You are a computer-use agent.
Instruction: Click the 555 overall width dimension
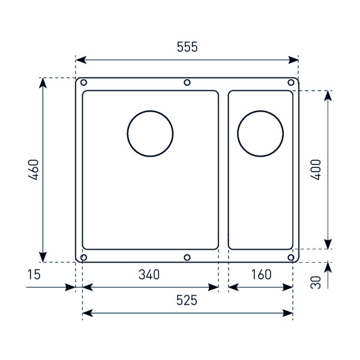pyautogui.click(x=187, y=47)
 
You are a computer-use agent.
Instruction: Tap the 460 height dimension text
pyautogui.click(x=33, y=170)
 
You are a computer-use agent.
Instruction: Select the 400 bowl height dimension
pyautogui.click(x=316, y=170)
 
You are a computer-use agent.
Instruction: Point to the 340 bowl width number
pyautogui.click(x=149, y=275)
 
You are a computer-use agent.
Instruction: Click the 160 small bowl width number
pyautogui.click(x=261, y=275)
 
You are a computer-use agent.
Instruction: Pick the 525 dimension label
pyautogui.click(x=187, y=301)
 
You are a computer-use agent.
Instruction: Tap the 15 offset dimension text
pyautogui.click(x=34, y=275)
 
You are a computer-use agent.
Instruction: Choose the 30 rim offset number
pyautogui.click(x=316, y=282)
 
